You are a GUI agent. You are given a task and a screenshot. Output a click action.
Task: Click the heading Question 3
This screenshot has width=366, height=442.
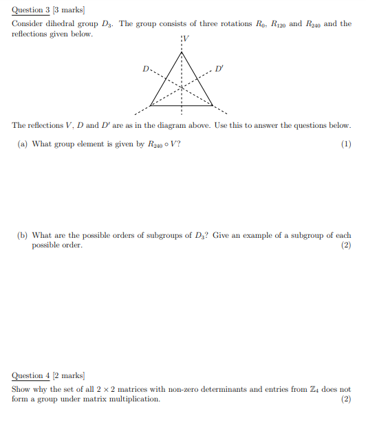point(32,10)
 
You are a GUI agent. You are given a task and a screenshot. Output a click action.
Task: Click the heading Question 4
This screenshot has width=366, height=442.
point(32,376)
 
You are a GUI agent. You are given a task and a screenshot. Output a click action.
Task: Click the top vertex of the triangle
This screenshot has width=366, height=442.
point(182,52)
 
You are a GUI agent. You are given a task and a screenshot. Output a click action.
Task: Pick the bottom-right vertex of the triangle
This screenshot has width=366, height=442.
point(212,105)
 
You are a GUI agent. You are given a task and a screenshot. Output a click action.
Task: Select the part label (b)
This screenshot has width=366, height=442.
point(23,235)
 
